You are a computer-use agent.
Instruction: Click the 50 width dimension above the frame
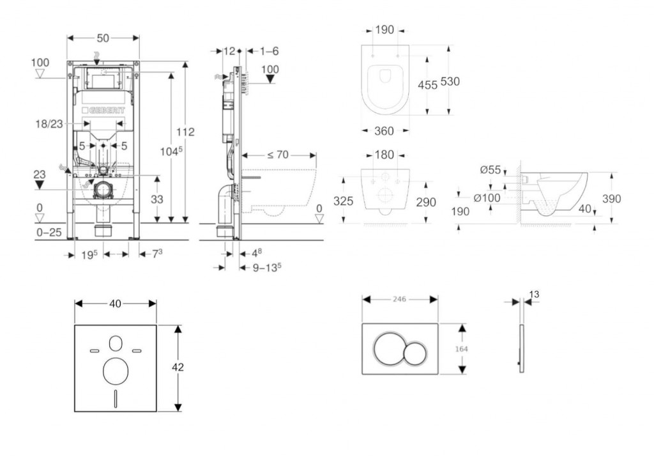tap(103, 38)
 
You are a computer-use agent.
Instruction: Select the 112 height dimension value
tap(186, 132)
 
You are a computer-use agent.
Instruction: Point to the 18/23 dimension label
tap(49, 125)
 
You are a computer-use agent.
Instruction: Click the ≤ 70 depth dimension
tap(278, 154)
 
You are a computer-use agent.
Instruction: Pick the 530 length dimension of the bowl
tap(450, 81)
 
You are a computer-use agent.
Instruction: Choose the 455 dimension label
tap(428, 84)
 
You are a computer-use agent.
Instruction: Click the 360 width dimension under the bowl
tap(383, 131)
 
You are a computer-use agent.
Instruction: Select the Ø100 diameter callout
tap(487, 198)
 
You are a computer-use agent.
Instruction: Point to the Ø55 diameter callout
tap(489, 169)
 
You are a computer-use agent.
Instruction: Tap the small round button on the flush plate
tap(416, 352)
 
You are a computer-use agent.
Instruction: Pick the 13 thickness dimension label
tap(534, 294)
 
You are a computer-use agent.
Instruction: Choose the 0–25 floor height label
tap(49, 232)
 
